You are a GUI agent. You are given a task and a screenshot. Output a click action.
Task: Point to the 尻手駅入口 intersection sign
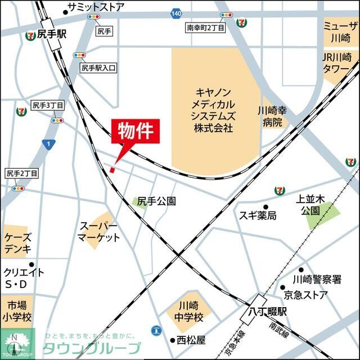pyautogui.click(x=98, y=67)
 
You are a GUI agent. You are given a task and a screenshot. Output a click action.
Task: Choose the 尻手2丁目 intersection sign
pyautogui.click(x=21, y=173)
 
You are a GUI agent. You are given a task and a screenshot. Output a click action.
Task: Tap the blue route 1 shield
pyautogui.click(x=49, y=145)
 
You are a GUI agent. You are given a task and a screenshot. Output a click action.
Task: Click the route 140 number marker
pyautogui.click(x=177, y=13)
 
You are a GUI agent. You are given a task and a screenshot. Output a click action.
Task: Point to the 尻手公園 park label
pyautogui.click(x=157, y=201)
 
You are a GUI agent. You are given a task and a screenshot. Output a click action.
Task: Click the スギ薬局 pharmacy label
pyautogui.click(x=258, y=215)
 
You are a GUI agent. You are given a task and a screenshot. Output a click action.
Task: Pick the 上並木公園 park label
pyautogui.click(x=309, y=205)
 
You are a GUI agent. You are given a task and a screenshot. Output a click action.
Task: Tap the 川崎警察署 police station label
pyautogui.click(x=317, y=279)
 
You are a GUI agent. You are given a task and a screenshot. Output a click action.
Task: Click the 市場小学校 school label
pyautogui.click(x=17, y=311)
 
